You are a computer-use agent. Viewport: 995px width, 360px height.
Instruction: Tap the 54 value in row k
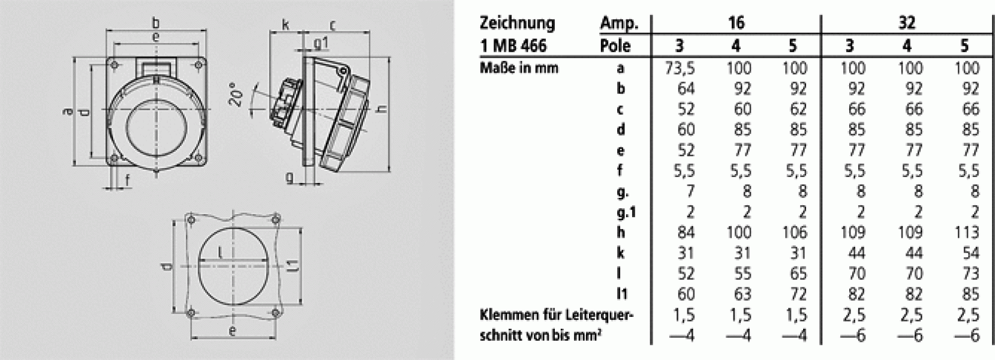(970, 253)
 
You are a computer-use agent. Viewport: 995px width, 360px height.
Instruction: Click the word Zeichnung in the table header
(517, 23)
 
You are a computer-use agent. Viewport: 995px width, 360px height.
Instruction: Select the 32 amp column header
(907, 23)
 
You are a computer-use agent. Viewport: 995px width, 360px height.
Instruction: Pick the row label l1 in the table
(621, 294)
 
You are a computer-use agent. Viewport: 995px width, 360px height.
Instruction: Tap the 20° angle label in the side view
(238, 94)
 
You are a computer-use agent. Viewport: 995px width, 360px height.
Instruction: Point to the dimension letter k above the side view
(286, 25)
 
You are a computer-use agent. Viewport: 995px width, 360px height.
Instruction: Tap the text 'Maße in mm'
(519, 68)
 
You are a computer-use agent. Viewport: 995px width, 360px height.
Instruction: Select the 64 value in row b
(685, 89)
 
